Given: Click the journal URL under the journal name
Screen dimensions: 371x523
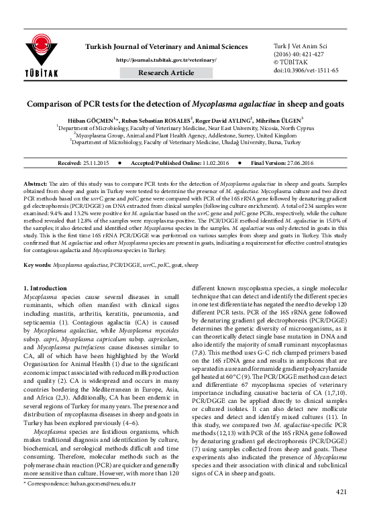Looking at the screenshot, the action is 166,59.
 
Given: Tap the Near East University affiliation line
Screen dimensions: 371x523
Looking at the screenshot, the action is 185,126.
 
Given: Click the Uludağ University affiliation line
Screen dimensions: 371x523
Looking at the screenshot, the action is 185,142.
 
